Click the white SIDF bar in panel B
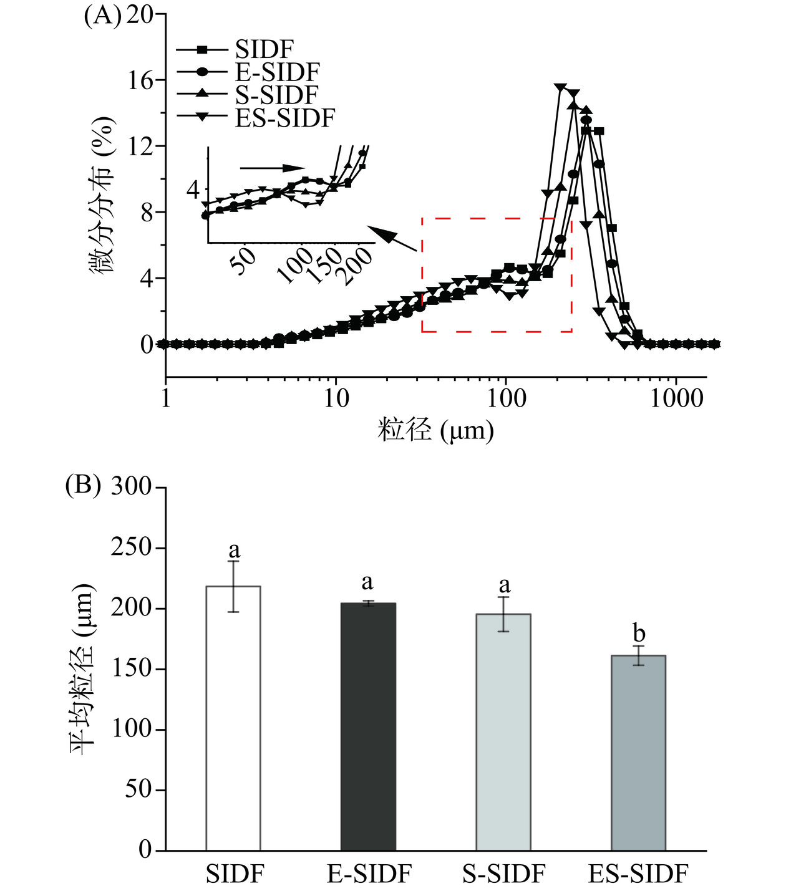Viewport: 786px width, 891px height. pos(233,717)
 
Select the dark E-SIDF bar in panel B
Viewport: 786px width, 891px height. pos(368,726)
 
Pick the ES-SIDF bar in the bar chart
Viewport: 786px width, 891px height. pos(638,752)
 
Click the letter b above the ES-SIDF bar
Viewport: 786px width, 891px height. pos(639,633)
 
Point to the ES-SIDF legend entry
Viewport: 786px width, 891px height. pos(285,117)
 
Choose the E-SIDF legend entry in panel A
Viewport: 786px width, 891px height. pos(277,72)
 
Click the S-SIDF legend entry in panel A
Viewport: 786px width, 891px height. pos(276,94)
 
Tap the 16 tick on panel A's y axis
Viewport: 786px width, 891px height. pos(140,80)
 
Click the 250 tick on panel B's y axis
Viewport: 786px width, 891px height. pos(131,547)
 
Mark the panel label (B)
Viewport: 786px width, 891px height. pos(83,485)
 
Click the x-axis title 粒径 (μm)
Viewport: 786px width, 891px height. pos(435,431)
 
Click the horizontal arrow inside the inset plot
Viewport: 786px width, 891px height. pos(272,167)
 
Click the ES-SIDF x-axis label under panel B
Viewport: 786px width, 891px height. pos(638,874)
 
